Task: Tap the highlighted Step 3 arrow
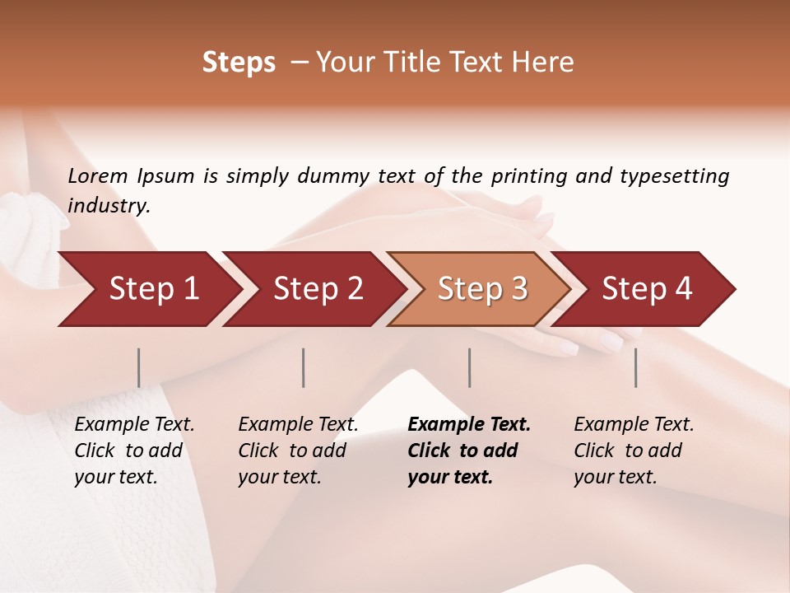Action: point(482,289)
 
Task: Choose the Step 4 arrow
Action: point(647,289)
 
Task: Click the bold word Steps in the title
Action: point(239,63)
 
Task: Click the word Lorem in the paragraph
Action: point(97,175)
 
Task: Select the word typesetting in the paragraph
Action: point(675,175)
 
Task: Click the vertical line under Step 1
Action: point(139,367)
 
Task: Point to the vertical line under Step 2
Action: point(304,367)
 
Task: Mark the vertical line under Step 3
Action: point(469,367)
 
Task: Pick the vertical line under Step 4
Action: point(636,367)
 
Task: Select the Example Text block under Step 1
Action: point(134,451)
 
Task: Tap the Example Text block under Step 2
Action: point(298,451)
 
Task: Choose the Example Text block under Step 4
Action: point(634,451)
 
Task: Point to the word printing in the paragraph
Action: point(527,175)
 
